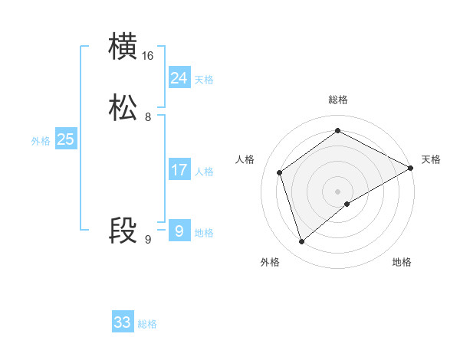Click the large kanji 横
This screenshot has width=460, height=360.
123,47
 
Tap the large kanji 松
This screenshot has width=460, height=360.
123,109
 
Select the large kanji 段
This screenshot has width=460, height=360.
123,231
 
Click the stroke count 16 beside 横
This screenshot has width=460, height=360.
148,56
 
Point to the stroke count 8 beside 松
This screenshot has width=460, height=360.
148,118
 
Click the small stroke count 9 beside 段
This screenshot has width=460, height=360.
148,240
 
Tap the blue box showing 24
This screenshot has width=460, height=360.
179,78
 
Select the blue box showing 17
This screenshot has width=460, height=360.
179,170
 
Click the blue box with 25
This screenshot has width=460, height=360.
65,139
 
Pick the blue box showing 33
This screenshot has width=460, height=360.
123,322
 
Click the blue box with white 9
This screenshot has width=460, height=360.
179,231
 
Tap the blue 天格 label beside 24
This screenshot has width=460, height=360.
204,80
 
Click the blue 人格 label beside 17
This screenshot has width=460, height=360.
204,172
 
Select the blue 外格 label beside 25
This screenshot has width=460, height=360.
41,141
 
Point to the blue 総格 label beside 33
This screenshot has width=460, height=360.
147,324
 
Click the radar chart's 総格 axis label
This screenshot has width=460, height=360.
338,100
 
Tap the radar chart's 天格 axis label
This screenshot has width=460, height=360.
431,159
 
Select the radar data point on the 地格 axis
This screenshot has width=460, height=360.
347,204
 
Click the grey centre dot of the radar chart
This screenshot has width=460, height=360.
338,191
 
